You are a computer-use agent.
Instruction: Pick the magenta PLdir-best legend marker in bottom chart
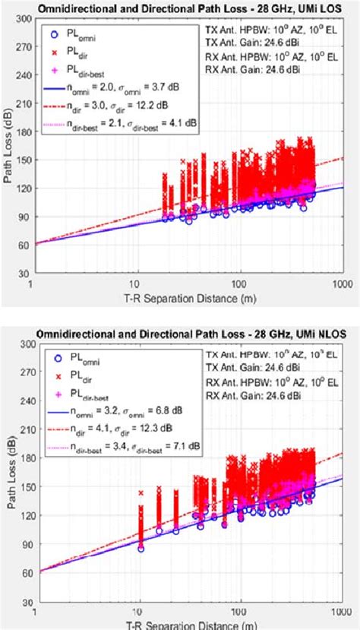pos(53,394)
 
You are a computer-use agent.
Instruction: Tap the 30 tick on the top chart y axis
pos(22,274)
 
